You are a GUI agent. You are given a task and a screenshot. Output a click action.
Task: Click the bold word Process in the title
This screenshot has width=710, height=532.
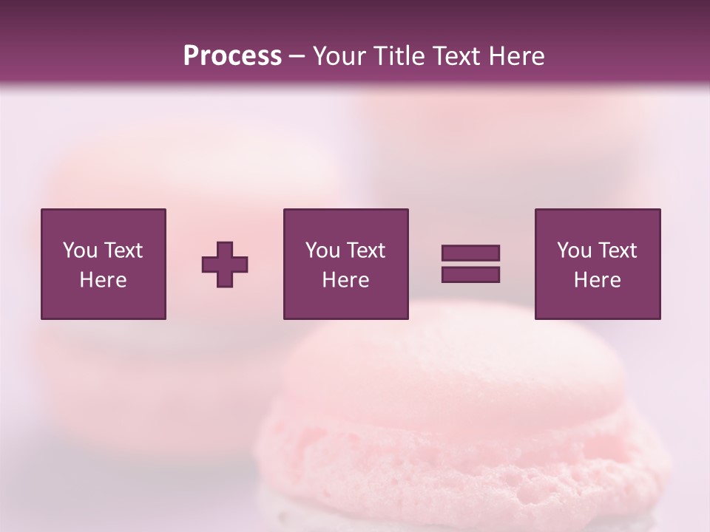232,56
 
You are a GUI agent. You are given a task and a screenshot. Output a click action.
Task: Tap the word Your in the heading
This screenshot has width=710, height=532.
339,56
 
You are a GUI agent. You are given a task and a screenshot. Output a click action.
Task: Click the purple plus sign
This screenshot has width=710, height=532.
225,265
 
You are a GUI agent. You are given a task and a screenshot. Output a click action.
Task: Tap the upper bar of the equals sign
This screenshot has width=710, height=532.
470,253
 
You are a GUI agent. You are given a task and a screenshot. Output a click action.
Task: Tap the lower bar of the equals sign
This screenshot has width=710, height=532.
470,275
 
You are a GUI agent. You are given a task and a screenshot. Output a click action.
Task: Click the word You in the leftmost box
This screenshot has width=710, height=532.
80,250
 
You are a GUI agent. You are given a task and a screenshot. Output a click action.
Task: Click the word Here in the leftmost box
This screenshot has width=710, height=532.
103,280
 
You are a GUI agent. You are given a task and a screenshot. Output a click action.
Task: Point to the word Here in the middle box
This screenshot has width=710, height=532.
345,280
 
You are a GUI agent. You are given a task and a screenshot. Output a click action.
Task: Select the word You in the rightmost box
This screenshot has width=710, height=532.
574,250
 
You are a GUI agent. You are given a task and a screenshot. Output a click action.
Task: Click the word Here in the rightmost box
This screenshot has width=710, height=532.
597,280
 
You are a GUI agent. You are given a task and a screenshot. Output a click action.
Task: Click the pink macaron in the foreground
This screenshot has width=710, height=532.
459,429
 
